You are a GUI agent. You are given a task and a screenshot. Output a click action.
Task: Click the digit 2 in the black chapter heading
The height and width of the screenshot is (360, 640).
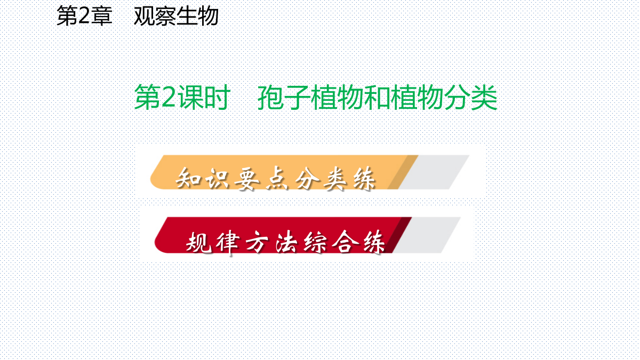pyautogui.click(x=84, y=17)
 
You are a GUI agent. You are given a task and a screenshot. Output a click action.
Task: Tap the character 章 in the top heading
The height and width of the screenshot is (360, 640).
pyautogui.click(x=101, y=16)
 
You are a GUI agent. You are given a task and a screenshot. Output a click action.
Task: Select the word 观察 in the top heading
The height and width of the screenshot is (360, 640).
pyautogui.click(x=155, y=16)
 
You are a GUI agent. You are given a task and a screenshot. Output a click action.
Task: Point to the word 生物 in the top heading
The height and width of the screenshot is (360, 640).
pyautogui.click(x=197, y=16)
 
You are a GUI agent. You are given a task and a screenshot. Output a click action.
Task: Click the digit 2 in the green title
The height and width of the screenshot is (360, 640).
pyautogui.click(x=169, y=97)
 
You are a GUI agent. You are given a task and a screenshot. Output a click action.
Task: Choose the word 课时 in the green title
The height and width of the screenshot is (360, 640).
pyautogui.click(x=204, y=97)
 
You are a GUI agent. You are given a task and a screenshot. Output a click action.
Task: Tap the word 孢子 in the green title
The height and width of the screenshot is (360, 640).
pyautogui.click(x=284, y=97)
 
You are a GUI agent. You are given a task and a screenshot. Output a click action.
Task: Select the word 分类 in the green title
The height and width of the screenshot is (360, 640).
pyautogui.click(x=470, y=97)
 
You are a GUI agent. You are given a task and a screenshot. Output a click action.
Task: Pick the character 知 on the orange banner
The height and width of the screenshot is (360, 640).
pyautogui.click(x=188, y=178)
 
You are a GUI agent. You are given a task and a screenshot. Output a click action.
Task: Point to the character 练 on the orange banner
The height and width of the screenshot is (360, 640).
pyautogui.click(x=364, y=178)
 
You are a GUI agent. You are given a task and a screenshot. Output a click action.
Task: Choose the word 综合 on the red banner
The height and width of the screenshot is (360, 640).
pyautogui.click(x=331, y=242)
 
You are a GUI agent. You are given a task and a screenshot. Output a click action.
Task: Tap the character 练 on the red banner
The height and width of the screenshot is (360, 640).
pyautogui.click(x=374, y=242)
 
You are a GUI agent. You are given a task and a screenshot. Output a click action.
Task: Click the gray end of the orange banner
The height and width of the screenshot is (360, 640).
pyautogui.click(x=434, y=172)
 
